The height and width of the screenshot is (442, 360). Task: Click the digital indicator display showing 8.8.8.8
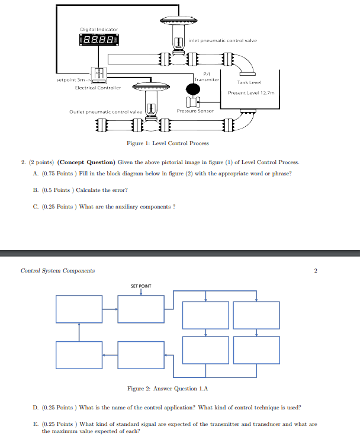tap(98, 41)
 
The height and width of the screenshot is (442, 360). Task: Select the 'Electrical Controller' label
tap(98, 87)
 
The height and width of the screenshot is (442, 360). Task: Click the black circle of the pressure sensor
tap(192, 89)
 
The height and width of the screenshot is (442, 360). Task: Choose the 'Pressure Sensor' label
tap(195, 111)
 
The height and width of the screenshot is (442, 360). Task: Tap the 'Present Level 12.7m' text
tap(252, 93)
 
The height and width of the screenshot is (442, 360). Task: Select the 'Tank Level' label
tap(249, 82)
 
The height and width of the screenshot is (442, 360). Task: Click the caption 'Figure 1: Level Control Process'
tap(168, 143)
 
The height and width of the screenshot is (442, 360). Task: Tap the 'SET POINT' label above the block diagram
tap(141, 286)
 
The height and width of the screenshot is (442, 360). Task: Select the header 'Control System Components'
tap(57, 271)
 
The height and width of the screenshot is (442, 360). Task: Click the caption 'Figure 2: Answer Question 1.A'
tap(168, 389)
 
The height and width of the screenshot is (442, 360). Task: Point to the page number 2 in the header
tap(316, 271)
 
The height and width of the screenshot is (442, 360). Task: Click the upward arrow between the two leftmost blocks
tap(79, 332)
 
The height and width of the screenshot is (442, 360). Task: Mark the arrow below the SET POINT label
tap(141, 292)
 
